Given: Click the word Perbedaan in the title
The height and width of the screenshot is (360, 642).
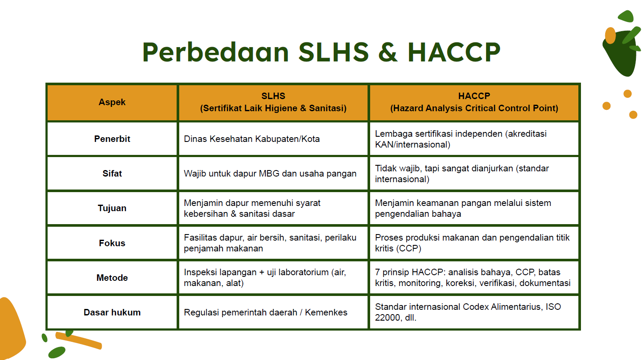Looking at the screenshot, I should coord(215,52).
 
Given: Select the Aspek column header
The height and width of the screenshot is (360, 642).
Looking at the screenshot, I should coord(112,102).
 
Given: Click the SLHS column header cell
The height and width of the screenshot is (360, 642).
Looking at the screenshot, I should coord(273,102).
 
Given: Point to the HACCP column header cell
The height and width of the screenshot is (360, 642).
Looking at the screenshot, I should coord(474,102).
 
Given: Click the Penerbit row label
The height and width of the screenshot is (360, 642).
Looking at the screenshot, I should coord(112,139).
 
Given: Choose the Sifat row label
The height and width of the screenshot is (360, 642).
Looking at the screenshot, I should coord(112,174).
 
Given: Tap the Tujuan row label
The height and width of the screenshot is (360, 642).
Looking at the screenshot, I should coord(112,208).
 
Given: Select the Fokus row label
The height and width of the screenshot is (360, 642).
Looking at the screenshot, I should coord(112,243).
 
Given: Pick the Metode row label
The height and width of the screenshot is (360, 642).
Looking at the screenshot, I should coord(112,278).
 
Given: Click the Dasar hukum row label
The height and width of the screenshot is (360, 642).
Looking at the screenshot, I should coord(112,312).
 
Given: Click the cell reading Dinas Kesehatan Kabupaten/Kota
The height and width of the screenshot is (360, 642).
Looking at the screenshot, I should coord(252,139).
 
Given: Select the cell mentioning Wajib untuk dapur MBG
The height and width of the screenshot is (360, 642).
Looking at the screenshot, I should coord(270,174).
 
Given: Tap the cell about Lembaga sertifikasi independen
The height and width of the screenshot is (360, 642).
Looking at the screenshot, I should coord(461,139).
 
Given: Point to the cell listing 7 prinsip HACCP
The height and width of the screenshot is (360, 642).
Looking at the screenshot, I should coord(473,278).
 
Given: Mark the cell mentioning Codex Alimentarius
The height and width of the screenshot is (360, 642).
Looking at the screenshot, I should coord(468,312).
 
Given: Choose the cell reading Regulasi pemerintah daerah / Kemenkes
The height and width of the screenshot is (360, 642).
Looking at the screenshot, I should coord(265,312).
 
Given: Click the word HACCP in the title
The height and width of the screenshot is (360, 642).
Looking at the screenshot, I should coord(454,52).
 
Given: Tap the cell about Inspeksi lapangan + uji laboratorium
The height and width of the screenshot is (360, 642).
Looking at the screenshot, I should coord(265,278).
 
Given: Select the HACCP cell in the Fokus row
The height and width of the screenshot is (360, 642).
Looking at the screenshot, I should coord(472,243).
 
